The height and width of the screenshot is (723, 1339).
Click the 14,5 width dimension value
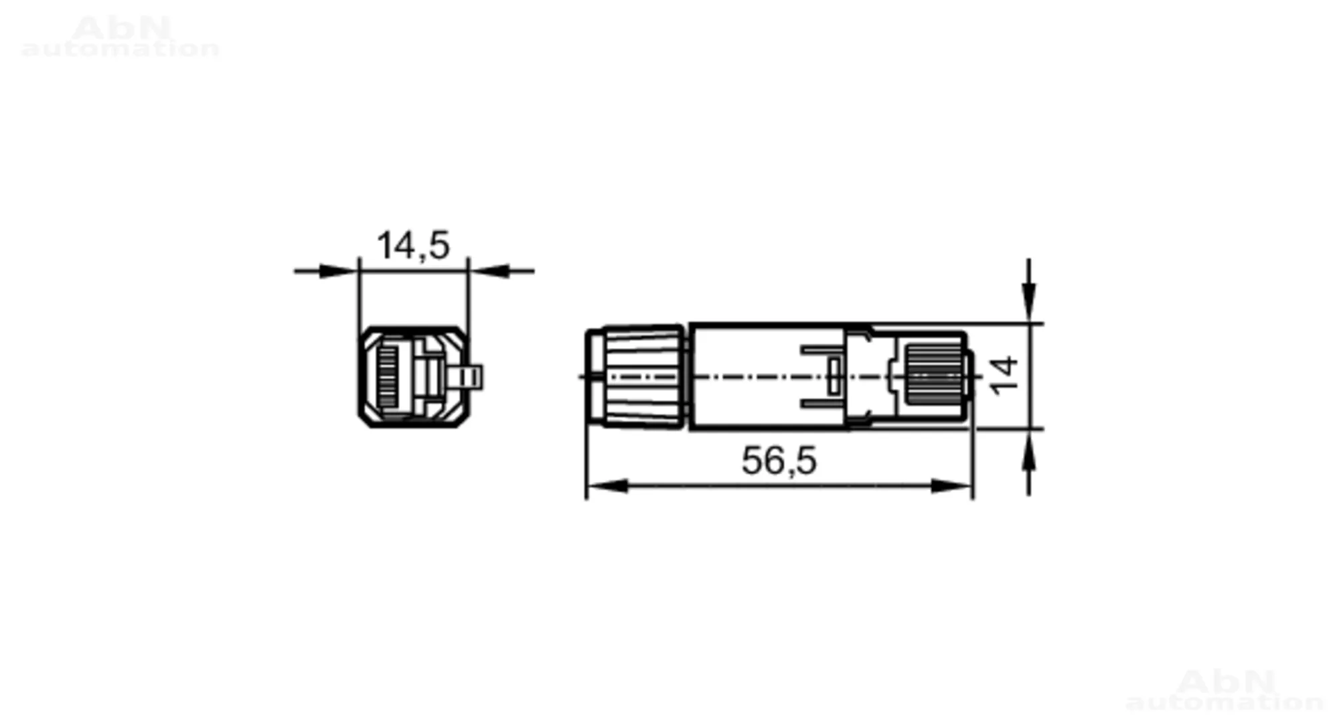tap(413, 246)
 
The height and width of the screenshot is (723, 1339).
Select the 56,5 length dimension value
tap(779, 461)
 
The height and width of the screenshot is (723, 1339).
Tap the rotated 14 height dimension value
tap(1004, 376)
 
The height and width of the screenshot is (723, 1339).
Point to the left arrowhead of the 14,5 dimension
tap(337, 271)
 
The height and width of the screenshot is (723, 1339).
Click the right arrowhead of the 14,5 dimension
tap(489, 271)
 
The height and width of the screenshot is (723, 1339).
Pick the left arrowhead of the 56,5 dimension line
tap(607, 486)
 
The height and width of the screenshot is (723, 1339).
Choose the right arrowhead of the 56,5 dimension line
tap(951, 486)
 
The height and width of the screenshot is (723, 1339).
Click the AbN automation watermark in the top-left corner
tap(121, 37)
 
